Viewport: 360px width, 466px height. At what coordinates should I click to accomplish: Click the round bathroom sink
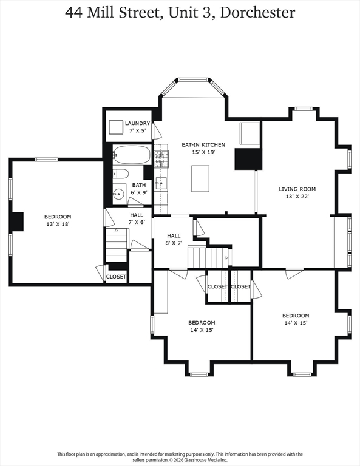coord(119,194)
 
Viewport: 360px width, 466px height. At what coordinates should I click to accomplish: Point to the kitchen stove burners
coord(161,159)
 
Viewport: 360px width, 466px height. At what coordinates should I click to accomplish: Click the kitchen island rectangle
coord(200,178)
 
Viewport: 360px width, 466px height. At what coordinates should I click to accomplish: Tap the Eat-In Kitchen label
coord(203,145)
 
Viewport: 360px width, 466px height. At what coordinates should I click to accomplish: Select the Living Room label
coord(297,189)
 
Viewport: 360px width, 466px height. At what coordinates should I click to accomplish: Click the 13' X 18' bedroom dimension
coord(58,224)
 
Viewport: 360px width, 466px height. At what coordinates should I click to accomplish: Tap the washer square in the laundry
coord(115,127)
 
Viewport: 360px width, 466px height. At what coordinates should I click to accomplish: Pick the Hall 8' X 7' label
coord(174,239)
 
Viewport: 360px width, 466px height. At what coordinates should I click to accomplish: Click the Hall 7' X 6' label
coord(137,218)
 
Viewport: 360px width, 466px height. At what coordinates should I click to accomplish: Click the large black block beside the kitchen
coord(248,159)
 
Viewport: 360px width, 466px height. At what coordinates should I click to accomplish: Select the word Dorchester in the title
coord(257,13)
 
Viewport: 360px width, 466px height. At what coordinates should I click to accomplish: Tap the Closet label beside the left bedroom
coord(116,277)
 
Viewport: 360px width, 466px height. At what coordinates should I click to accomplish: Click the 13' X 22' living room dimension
coord(297,197)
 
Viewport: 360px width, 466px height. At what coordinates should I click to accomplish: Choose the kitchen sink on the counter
coord(161,183)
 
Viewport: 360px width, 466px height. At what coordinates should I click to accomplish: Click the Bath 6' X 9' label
coord(139,189)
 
